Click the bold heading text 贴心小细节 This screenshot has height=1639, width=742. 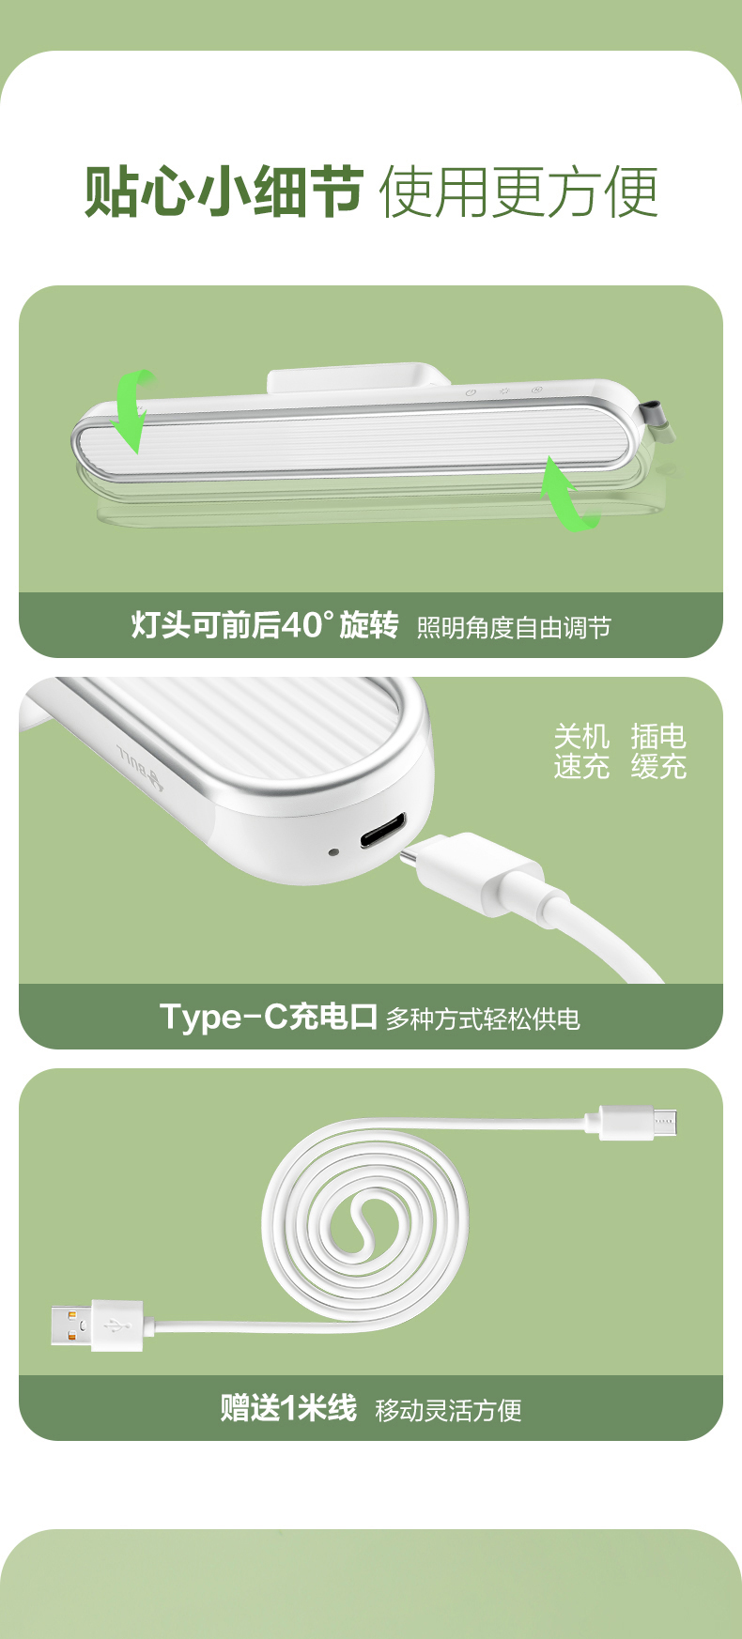pos(224,191)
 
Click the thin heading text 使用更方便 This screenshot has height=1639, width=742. pos(518,192)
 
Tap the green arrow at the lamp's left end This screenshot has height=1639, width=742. pos(131,410)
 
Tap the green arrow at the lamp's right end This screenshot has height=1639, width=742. pos(567,494)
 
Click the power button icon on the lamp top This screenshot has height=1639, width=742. pos(471,392)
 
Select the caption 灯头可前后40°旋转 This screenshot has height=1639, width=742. pos(265,624)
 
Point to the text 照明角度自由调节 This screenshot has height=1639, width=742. pos(514,627)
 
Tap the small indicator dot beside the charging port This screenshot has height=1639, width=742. pos(333,852)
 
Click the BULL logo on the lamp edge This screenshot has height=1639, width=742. pos(141,766)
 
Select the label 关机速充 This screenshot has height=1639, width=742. pos(581,751)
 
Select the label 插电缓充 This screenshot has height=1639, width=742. pos(658,751)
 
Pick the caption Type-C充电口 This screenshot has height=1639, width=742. pos(269,1017)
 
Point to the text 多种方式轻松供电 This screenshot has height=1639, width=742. pos(483,1019)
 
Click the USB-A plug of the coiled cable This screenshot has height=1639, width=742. pos(98,1325)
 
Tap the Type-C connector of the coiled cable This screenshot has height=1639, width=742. pos(639,1122)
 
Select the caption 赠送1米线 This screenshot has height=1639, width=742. pos(288,1408)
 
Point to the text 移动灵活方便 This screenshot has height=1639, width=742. pos(448,1410)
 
